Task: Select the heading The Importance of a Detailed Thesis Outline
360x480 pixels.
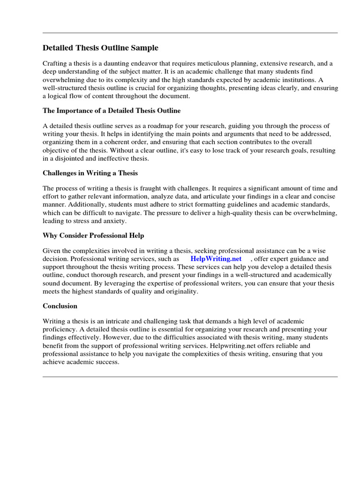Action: pos(112,111)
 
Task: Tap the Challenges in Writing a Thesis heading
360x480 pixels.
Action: pos(90,173)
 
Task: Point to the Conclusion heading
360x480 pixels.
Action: pos(60,306)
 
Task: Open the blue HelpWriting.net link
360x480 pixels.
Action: pos(216,259)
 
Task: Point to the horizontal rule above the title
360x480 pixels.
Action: pos(190,33)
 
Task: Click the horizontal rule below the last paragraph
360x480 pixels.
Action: pos(190,376)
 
